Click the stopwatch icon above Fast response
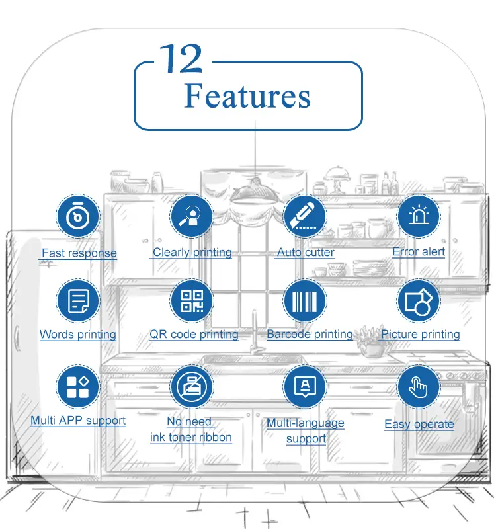click(78, 216)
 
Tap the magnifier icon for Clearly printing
click(192, 216)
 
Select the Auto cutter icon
click(305, 216)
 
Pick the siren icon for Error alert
click(419, 216)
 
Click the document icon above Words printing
click(78, 301)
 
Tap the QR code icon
click(192, 301)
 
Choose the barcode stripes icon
click(305, 301)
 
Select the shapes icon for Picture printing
click(419, 301)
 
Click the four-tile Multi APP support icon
click(78, 387)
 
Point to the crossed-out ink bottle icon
click(192, 387)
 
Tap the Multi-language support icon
click(305, 387)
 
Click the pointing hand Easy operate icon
click(419, 387)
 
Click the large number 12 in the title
click(181, 60)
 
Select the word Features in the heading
click(247, 96)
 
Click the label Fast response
click(79, 253)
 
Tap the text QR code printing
click(194, 335)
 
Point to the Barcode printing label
click(310, 335)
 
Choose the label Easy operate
click(419, 425)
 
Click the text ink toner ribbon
click(191, 438)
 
